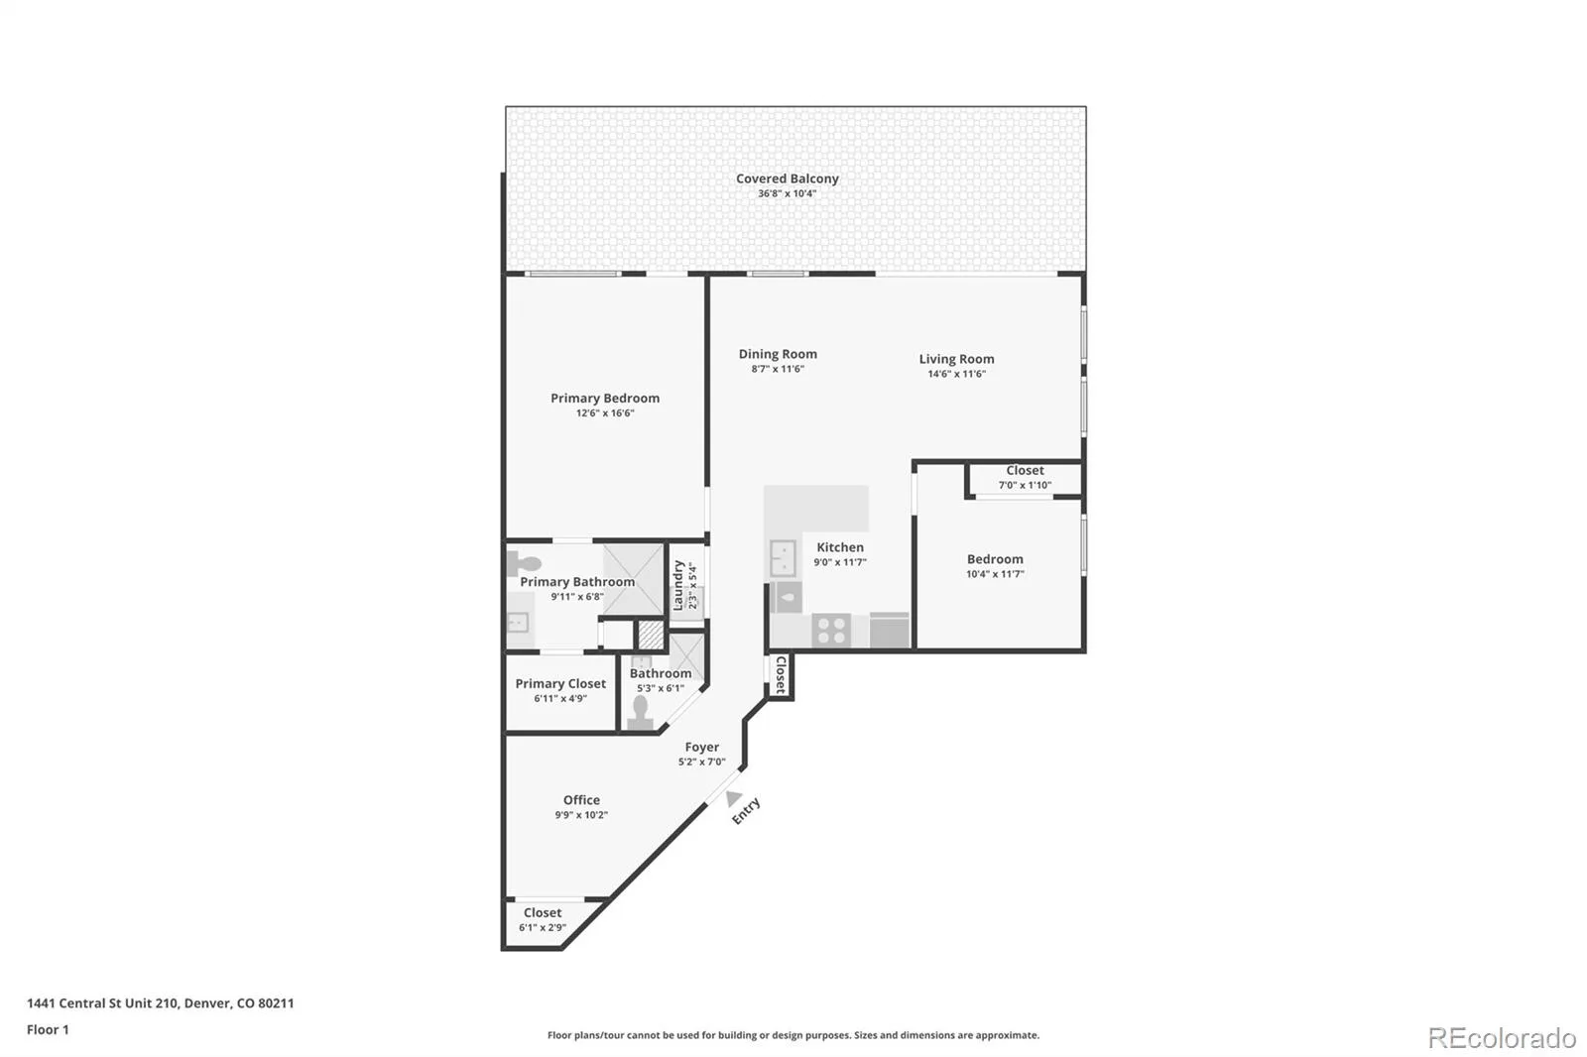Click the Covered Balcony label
pyautogui.click(x=788, y=178)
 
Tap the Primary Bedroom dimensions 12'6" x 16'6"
pyautogui.click(x=605, y=413)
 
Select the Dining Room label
pyautogui.click(x=778, y=354)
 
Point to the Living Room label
pyautogui.click(x=956, y=359)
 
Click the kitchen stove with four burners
pyautogui.click(x=831, y=630)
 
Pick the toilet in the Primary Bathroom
pyautogui.click(x=525, y=564)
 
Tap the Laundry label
pyautogui.click(x=678, y=585)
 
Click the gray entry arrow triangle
pyautogui.click(x=733, y=798)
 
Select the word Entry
pyautogui.click(x=746, y=811)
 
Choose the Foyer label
pyautogui.click(x=701, y=747)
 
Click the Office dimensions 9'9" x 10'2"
pyautogui.click(x=581, y=815)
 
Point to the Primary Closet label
pyautogui.click(x=560, y=683)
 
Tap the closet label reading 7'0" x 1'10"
pyautogui.click(x=1026, y=485)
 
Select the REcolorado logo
pyautogui.click(x=1502, y=1038)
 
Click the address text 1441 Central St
pyautogui.click(x=87, y=1003)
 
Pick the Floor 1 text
pyautogui.click(x=48, y=1029)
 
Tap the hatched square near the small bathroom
pyautogui.click(x=651, y=635)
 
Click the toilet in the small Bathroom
pyautogui.click(x=641, y=713)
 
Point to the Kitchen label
pyautogui.click(x=839, y=547)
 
